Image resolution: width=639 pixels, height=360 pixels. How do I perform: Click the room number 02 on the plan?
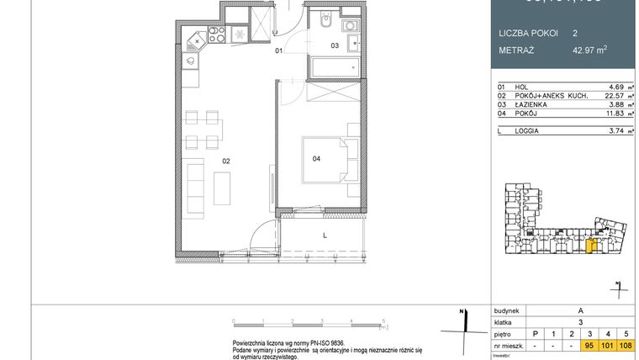226,160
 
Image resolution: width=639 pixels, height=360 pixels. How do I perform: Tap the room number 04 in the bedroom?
316,157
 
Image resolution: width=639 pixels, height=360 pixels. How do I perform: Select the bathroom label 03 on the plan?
334,45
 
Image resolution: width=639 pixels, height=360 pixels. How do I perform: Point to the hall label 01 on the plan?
279,51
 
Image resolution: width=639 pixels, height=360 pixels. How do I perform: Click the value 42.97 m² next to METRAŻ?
589,50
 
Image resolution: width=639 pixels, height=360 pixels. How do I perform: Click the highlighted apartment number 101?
608,345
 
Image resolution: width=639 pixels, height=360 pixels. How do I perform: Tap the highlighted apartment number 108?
626,345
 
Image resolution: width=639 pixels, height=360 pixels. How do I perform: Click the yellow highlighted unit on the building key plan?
590,246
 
